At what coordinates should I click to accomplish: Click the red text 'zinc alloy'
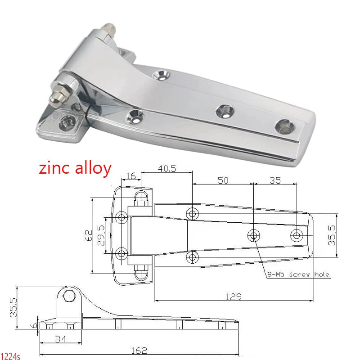[x=75, y=168]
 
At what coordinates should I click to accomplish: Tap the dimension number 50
[x=223, y=180]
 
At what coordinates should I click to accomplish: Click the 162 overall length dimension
[x=138, y=351]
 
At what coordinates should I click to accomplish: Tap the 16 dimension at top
[x=130, y=175]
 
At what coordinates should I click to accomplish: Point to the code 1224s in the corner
[x=10, y=356]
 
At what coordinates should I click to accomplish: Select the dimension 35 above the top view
[x=275, y=180]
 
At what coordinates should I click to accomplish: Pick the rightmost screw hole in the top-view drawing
[x=297, y=235]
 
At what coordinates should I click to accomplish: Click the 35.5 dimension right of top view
[x=332, y=235]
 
